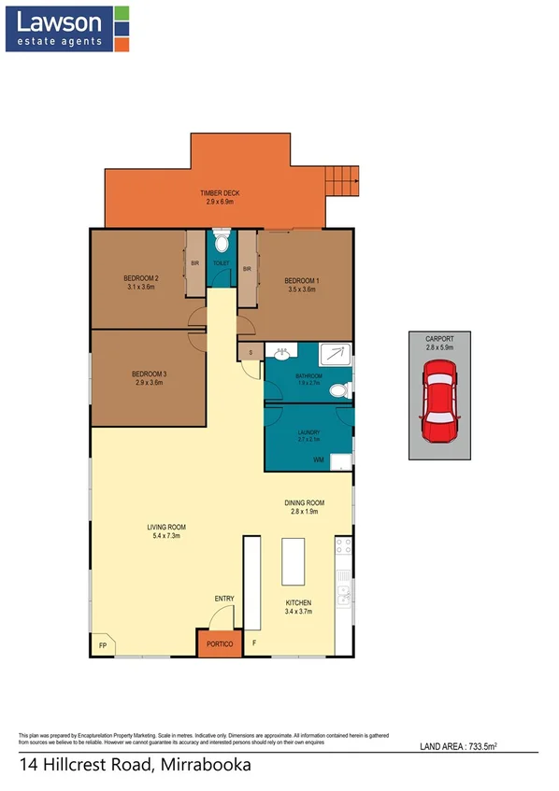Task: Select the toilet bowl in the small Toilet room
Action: point(221,244)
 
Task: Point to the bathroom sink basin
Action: point(279,353)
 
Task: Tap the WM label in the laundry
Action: point(318,460)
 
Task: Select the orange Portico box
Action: point(216,644)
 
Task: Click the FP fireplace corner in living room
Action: point(102,645)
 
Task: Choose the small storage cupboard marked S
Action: point(250,351)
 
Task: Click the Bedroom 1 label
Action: point(302,280)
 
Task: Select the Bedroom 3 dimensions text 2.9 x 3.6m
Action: point(150,383)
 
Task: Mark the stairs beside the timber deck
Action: point(341,179)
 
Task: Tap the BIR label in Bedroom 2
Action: point(195,264)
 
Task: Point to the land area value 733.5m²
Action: point(502,744)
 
